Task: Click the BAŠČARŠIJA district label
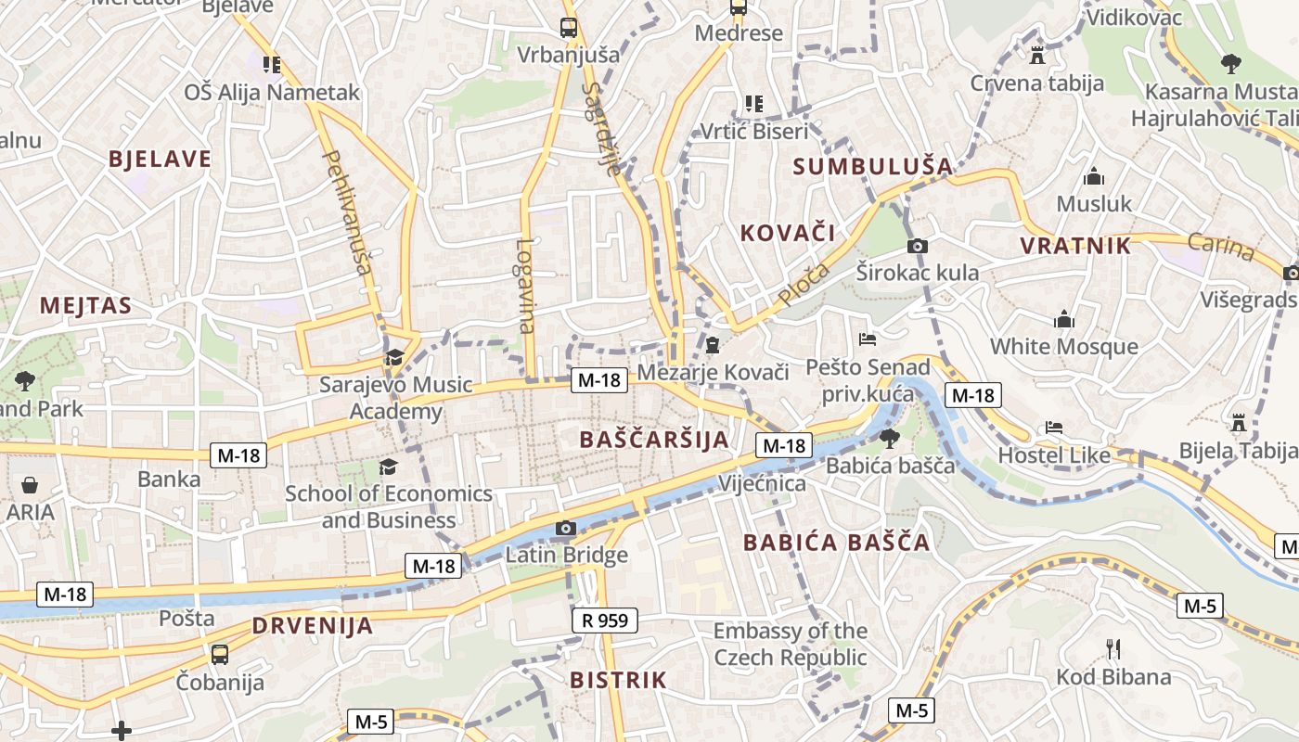(x=654, y=440)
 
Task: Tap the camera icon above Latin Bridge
(x=565, y=529)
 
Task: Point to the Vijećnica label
(x=762, y=483)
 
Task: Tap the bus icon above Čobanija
(x=220, y=654)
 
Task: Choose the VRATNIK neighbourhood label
(x=1075, y=246)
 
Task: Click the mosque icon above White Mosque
(x=1064, y=320)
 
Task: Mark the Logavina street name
(x=526, y=286)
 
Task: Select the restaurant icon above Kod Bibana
(x=1113, y=648)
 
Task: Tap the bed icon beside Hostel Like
(x=1054, y=428)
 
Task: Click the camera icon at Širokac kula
(x=917, y=246)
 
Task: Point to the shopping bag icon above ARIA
(x=30, y=485)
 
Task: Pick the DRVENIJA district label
(x=312, y=626)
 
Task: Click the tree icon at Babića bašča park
(x=889, y=438)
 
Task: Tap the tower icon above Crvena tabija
(x=1037, y=55)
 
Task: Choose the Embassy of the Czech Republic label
(x=791, y=645)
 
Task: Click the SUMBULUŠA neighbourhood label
(x=873, y=167)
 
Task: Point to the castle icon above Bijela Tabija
(x=1238, y=423)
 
